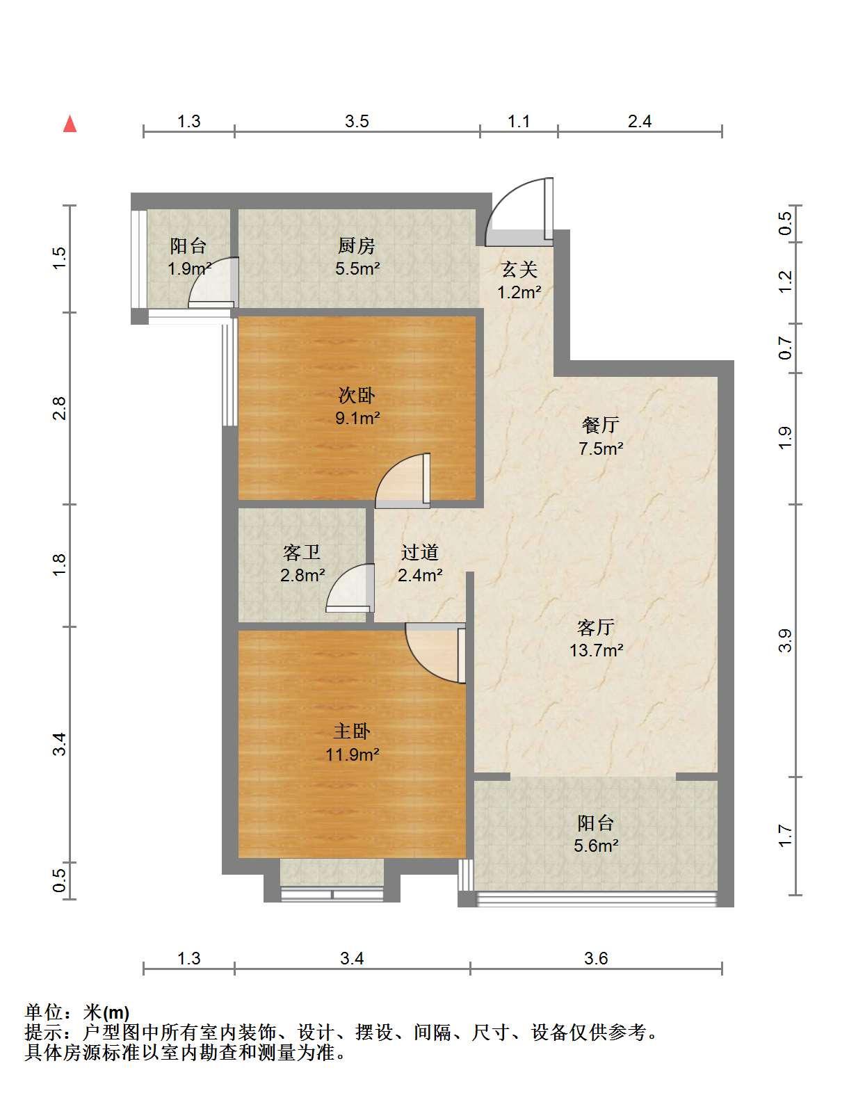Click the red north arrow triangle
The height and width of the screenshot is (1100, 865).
tap(70, 124)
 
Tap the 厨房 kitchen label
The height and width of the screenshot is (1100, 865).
tap(356, 246)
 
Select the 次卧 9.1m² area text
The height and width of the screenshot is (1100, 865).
tap(357, 418)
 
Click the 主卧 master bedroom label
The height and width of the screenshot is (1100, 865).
tap(352, 731)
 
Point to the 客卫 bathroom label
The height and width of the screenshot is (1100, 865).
tap(302, 553)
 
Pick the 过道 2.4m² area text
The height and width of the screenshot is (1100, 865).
tap(420, 575)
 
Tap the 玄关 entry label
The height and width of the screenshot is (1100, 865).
tap(519, 269)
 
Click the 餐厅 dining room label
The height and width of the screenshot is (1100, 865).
tap(601, 425)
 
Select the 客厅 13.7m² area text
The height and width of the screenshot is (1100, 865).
tap(596, 650)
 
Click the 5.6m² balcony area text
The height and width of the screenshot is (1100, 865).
tap(596, 846)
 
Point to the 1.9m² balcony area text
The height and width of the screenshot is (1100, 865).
tap(190, 268)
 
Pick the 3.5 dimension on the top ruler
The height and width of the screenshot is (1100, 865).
tap(357, 121)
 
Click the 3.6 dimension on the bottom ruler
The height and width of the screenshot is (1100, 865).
tap(596, 958)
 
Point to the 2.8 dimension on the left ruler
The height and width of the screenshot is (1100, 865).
tap(60, 408)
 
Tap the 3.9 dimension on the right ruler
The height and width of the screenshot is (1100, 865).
tap(785, 640)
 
